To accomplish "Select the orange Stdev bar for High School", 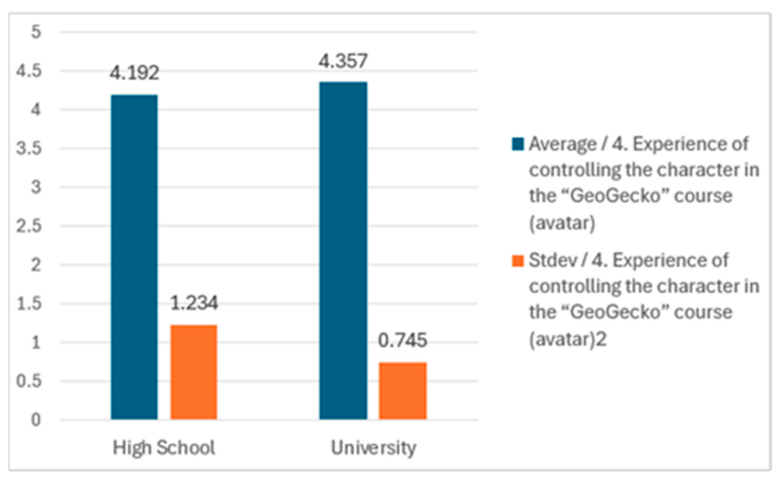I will click(x=194, y=372).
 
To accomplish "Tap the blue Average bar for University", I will click(x=343, y=250).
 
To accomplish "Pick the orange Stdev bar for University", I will click(x=402, y=391).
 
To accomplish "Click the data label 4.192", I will click(x=135, y=73).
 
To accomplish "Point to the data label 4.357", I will click(x=343, y=61).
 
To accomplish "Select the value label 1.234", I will click(x=194, y=303).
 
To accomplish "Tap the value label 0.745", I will click(x=402, y=340).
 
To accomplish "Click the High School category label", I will click(x=164, y=447).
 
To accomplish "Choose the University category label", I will click(x=373, y=447).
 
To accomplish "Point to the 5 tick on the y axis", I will click(x=36, y=32).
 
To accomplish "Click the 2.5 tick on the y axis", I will click(x=29, y=226).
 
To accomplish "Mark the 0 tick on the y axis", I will click(x=36, y=420).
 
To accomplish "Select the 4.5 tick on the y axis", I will click(x=29, y=71).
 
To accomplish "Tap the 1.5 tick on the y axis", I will click(x=29, y=304).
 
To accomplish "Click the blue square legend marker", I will click(x=518, y=144).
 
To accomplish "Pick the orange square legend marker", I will click(x=518, y=261).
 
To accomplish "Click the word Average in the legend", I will click(x=562, y=144).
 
